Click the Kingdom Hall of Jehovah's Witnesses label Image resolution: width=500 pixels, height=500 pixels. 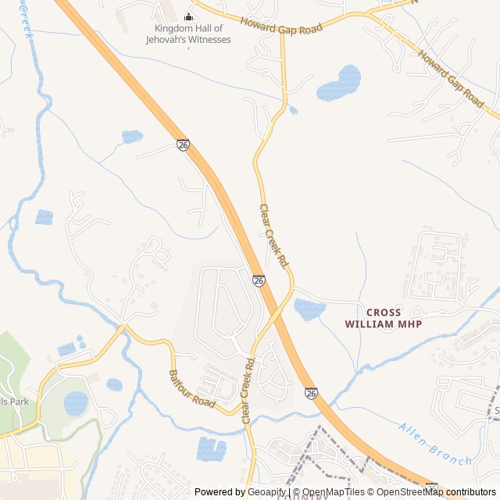(x=191, y=34)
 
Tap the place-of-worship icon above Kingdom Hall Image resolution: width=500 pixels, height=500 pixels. (x=188, y=16)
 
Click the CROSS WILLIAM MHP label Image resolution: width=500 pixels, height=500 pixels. (x=383, y=317)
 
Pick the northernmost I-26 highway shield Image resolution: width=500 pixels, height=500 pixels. (x=183, y=145)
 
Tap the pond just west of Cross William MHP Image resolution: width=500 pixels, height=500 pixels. (x=309, y=309)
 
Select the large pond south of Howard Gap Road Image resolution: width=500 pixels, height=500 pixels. (x=339, y=83)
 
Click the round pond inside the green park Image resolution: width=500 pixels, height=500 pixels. (x=76, y=403)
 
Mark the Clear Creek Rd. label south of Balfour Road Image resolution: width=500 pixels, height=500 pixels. (x=249, y=391)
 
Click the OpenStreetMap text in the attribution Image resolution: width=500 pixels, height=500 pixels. (x=410, y=492)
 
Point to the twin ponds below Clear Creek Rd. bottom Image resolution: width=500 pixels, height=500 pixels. (x=211, y=448)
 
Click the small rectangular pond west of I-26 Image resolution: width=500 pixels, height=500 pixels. (x=45, y=217)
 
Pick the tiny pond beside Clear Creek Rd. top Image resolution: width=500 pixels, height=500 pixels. (x=294, y=111)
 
